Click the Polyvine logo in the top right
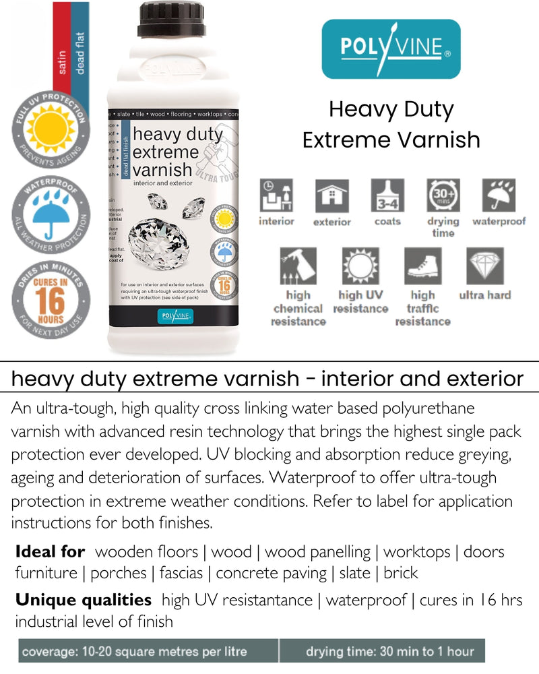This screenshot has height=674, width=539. pyautogui.click(x=391, y=49)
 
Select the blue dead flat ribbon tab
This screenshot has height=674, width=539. pyautogui.click(x=80, y=47)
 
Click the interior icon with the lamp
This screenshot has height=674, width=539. pyautogui.click(x=277, y=196)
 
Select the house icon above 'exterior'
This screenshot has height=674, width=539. pyautogui.click(x=332, y=196)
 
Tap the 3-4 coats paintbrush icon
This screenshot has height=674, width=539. pyautogui.click(x=387, y=196)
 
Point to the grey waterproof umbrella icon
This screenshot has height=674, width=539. pyautogui.click(x=499, y=196)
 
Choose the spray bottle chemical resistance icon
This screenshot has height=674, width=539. pyautogui.click(x=298, y=266)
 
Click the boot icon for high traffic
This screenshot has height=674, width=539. pyautogui.click(x=422, y=266)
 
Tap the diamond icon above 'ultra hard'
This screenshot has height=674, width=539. pyautogui.click(x=485, y=266)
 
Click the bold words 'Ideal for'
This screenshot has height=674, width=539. pyautogui.click(x=51, y=552)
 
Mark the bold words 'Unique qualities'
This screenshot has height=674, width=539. pyautogui.click(x=84, y=600)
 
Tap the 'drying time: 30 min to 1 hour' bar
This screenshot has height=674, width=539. pyautogui.click(x=389, y=652)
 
